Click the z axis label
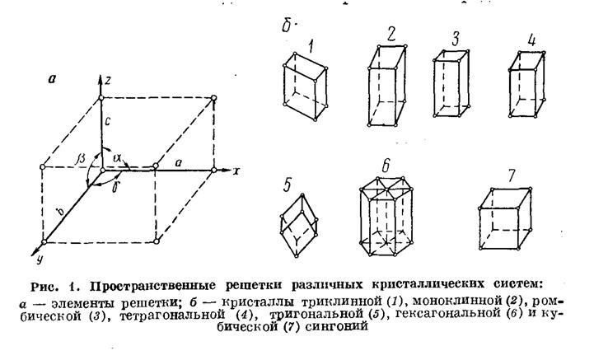click(108, 81)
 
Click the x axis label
click(236, 171)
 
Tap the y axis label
click(39, 259)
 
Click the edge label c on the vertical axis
click(108, 122)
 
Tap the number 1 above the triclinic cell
click(311, 47)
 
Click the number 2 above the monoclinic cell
click(391, 34)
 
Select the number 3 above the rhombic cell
click(456, 39)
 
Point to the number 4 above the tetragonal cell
click(532, 40)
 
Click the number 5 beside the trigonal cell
click(287, 185)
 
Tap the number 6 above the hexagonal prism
click(386, 166)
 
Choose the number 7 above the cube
click(512, 175)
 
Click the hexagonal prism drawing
click(386, 216)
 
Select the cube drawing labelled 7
click(505, 218)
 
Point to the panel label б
click(288, 26)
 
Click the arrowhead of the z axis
click(101, 80)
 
